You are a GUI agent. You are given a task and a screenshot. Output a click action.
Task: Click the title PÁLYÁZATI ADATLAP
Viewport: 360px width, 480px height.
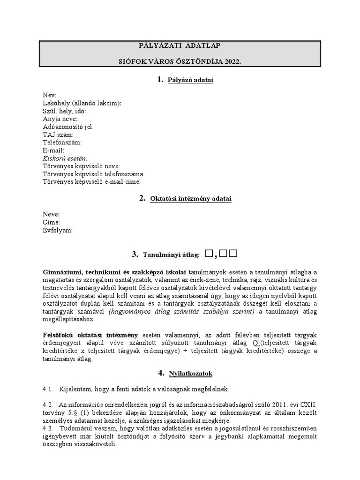click(180, 45)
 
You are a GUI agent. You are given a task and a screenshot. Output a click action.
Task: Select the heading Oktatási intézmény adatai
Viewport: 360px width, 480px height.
click(191, 199)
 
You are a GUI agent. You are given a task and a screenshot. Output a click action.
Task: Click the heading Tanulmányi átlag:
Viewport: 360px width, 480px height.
click(172, 255)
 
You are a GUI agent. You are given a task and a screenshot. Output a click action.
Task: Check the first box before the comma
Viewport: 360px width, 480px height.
click(209, 254)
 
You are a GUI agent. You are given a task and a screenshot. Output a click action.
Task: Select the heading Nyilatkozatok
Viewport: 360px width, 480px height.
click(191, 374)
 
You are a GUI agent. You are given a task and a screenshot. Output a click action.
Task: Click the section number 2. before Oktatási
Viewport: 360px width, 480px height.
click(142, 198)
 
